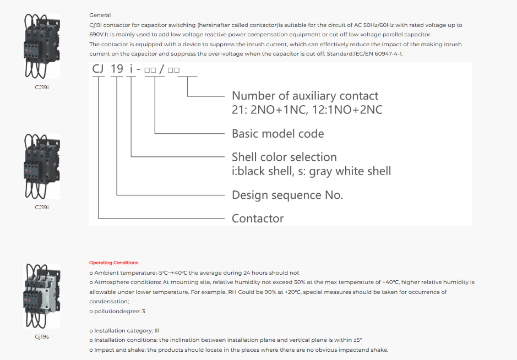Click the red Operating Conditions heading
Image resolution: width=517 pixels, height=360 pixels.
click(x=114, y=263)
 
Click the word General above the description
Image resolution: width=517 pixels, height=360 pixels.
click(x=100, y=15)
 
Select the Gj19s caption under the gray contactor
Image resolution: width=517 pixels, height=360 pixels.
click(x=42, y=337)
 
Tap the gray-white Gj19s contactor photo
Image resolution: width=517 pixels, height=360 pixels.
click(x=42, y=296)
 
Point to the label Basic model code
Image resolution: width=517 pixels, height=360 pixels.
click(x=277, y=134)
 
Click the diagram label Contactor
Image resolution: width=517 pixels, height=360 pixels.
click(x=258, y=218)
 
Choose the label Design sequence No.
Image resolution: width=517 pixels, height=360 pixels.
click(x=287, y=195)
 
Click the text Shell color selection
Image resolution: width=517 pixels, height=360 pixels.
click(x=284, y=157)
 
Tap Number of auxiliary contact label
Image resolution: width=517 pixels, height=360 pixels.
click(x=305, y=96)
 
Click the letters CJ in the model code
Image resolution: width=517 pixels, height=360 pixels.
click(x=98, y=69)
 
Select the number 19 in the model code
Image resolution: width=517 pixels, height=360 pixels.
click(x=117, y=69)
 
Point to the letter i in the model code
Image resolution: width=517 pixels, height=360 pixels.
click(x=131, y=69)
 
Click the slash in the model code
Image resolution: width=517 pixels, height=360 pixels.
click(x=161, y=69)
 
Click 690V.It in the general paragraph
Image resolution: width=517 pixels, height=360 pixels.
click(x=99, y=34)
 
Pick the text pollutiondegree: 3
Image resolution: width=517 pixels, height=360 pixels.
click(x=117, y=312)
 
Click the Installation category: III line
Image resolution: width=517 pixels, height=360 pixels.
click(x=124, y=331)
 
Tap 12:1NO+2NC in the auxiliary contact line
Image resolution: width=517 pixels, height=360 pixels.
click(x=347, y=110)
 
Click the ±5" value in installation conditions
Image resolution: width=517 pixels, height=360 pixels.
click(x=358, y=340)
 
